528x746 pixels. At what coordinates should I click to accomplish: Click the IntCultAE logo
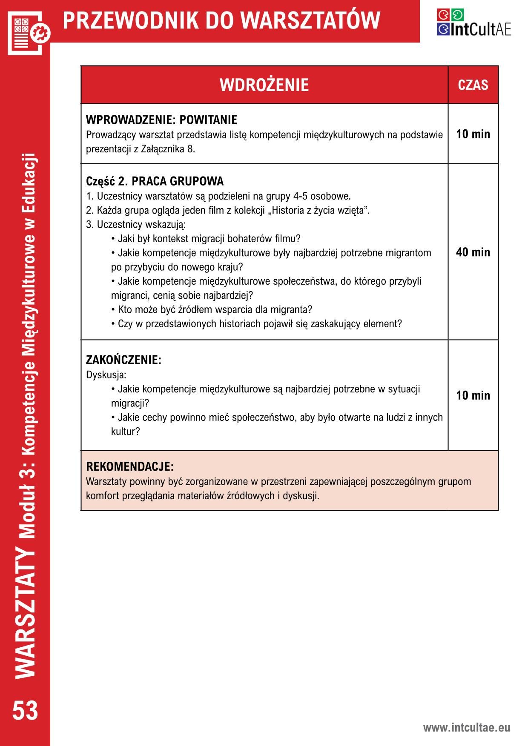[x=473, y=22]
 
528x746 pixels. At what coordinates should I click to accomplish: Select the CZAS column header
[x=473, y=85]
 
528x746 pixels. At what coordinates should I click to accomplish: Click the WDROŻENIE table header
[x=264, y=85]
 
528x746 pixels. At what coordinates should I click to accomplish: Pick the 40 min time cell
[x=473, y=252]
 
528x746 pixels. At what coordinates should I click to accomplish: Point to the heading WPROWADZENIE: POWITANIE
[x=161, y=120]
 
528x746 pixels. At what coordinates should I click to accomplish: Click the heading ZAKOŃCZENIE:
[x=123, y=360]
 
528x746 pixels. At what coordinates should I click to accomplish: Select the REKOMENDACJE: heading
[x=130, y=467]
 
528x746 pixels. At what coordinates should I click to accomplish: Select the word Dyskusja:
[x=106, y=375]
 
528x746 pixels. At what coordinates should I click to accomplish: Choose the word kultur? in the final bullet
[x=125, y=432]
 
